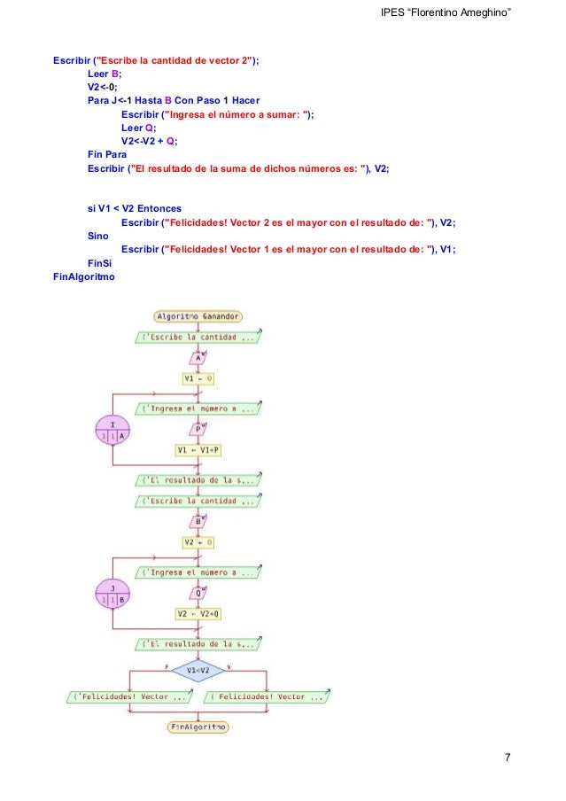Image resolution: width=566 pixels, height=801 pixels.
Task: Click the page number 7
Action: [507, 757]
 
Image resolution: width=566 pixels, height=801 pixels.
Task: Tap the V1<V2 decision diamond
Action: [198, 671]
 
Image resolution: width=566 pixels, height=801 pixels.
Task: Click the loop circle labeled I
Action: [112, 431]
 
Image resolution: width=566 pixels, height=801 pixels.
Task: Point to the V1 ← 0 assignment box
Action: [198, 378]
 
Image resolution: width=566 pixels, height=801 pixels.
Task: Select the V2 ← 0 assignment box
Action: [198, 541]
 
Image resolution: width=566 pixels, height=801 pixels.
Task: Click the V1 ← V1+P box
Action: [198, 449]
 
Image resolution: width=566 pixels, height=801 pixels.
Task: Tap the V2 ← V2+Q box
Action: [198, 612]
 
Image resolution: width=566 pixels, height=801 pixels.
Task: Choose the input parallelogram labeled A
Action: [198, 358]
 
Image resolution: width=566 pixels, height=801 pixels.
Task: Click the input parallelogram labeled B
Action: [198, 521]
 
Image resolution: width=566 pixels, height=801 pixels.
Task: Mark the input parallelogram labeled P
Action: [198, 429]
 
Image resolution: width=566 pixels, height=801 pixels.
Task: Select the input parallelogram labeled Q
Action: [198, 592]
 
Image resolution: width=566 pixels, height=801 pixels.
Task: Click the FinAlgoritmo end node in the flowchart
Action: [197, 727]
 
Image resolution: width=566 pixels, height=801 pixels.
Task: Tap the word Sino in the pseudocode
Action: [98, 237]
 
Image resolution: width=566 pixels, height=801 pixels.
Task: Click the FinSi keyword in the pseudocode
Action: [99, 264]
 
